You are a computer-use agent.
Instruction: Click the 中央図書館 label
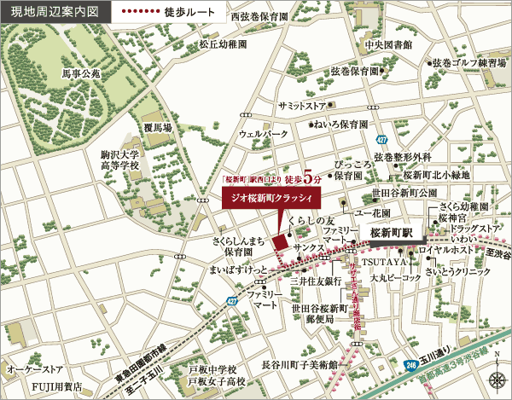[388, 44]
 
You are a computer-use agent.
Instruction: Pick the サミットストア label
[302, 105]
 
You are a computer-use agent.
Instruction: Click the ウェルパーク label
[265, 134]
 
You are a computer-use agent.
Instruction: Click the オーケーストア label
[36, 369]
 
